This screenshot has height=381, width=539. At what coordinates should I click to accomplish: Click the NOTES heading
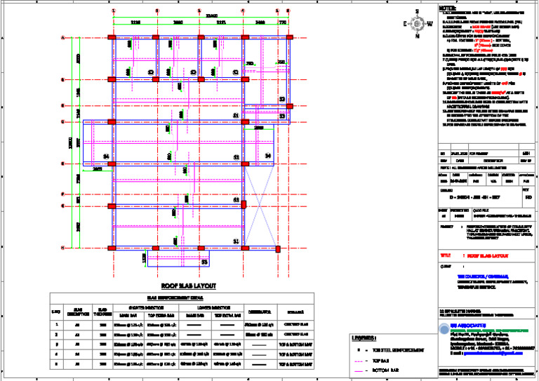click(x=448, y=8)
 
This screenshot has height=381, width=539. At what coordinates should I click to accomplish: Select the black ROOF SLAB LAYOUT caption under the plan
click(x=188, y=286)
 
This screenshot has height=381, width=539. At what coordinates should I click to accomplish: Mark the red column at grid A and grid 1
click(x=112, y=38)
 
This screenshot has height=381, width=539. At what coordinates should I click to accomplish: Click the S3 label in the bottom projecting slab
click(x=204, y=262)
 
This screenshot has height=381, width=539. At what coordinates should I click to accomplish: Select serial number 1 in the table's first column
click(x=56, y=325)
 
